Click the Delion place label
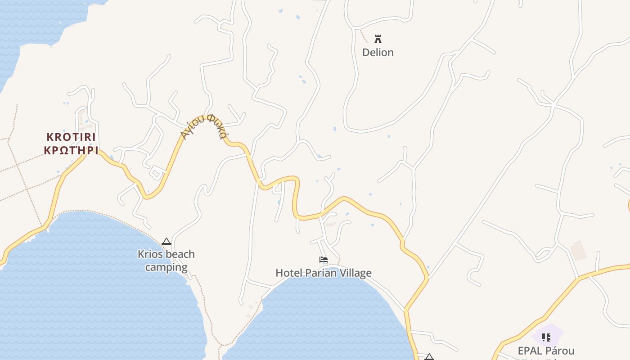click(x=378, y=53)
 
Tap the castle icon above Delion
click(x=378, y=39)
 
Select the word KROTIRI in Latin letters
click(x=72, y=137)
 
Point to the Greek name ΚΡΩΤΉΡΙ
click(x=71, y=150)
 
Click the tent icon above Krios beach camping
click(x=166, y=242)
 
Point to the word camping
click(x=166, y=267)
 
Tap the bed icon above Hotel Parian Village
click(x=323, y=260)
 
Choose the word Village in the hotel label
click(x=355, y=273)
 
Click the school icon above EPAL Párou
click(x=546, y=337)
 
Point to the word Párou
click(x=561, y=351)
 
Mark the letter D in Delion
click(x=366, y=53)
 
